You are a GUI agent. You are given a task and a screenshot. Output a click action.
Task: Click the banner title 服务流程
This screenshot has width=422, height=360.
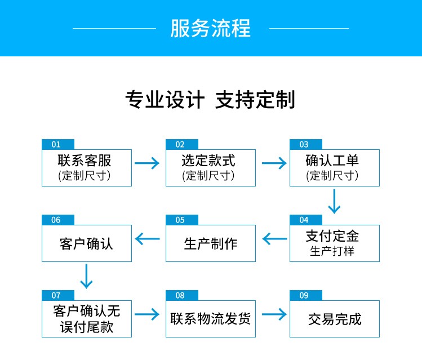[x=211, y=28]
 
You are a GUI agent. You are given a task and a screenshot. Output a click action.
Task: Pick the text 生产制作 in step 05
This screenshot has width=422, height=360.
[x=211, y=243]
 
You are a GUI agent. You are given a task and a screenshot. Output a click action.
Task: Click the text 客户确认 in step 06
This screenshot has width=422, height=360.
[x=86, y=243]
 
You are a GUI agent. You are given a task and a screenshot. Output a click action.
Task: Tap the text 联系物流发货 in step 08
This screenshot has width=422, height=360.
[x=211, y=318]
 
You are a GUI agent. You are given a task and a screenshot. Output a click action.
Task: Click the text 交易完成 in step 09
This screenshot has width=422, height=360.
[x=334, y=319]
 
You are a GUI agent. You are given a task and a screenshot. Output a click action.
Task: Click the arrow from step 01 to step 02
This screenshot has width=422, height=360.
[x=148, y=163]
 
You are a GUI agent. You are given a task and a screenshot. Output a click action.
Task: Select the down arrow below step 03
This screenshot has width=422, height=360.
[x=335, y=201]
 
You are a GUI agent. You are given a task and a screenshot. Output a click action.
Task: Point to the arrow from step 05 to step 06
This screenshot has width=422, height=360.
[x=148, y=239]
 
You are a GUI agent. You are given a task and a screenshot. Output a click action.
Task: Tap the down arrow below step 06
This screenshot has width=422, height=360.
[x=86, y=276]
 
